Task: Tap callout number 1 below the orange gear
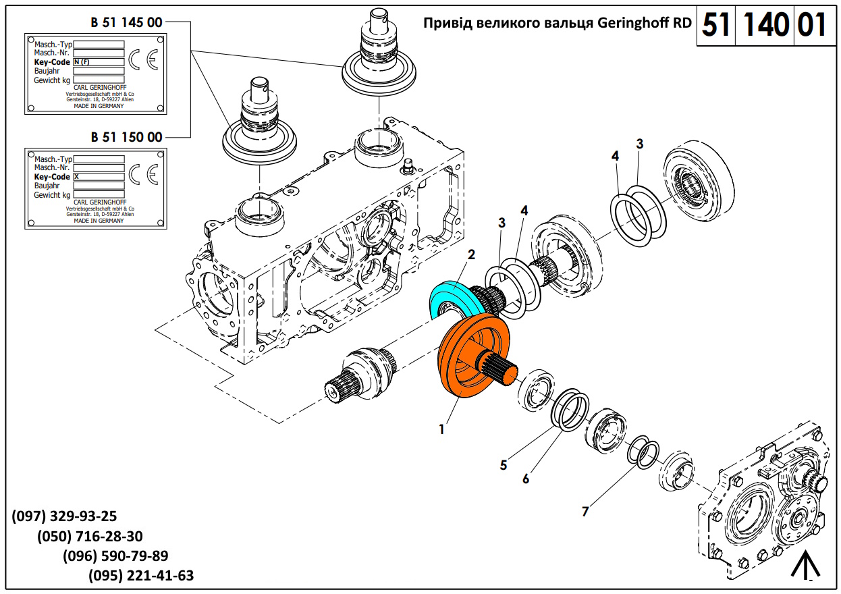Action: pyautogui.click(x=441, y=429)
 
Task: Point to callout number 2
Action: pyautogui.click(x=471, y=254)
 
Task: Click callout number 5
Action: pyautogui.click(x=504, y=464)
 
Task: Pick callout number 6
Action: pyautogui.click(x=526, y=479)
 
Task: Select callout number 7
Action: pyautogui.click(x=585, y=512)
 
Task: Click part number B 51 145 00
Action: pyautogui.click(x=126, y=22)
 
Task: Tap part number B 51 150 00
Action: pyautogui.click(x=126, y=137)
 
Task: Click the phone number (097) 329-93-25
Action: pyautogui.click(x=64, y=516)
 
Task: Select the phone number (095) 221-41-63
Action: pyautogui.click(x=141, y=576)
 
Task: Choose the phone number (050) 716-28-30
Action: pyautogui.click(x=90, y=537)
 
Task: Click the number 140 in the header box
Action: pyautogui.click(x=766, y=26)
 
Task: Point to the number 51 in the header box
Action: pyautogui.click(x=717, y=26)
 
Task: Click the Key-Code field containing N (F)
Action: pyautogui.click(x=99, y=61)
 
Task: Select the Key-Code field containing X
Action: pyautogui.click(x=99, y=176)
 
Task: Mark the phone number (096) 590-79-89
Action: pyautogui.click(x=115, y=556)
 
